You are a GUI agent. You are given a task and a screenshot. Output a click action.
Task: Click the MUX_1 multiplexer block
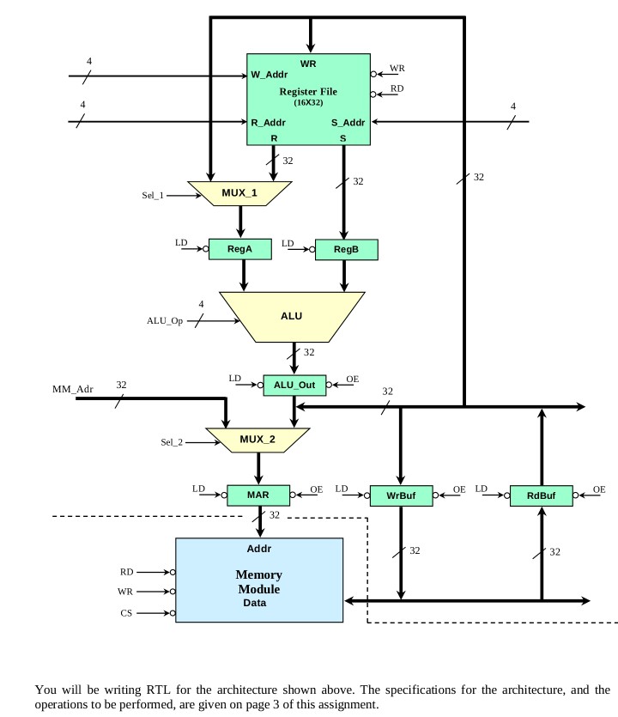click(239, 193)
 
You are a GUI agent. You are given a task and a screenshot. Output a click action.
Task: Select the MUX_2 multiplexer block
click(257, 440)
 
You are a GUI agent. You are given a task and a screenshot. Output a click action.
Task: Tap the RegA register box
click(239, 249)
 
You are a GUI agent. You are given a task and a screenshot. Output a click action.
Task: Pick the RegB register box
click(346, 250)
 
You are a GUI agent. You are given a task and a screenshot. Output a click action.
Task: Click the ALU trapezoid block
click(291, 315)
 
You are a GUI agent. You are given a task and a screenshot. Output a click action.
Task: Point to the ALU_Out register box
click(294, 385)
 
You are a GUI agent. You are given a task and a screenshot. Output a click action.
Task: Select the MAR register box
click(257, 495)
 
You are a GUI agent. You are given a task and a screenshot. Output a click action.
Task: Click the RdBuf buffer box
click(541, 495)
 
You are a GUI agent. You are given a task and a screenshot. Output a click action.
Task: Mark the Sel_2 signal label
click(172, 442)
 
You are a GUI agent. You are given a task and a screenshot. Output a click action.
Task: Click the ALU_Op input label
click(165, 322)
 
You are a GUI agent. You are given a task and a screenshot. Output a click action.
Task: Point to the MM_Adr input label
click(72, 390)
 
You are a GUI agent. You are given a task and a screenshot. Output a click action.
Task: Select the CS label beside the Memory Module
click(125, 613)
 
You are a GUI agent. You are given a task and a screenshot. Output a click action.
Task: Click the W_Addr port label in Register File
click(269, 74)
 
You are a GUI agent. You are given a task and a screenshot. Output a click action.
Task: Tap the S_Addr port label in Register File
click(348, 123)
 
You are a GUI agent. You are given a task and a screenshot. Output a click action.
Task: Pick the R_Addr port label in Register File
click(268, 123)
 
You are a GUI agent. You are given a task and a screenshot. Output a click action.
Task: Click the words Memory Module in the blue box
click(258, 582)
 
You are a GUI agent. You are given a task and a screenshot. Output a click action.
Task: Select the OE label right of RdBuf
click(598, 489)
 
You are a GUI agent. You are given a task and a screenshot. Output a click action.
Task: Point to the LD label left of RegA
click(181, 243)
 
